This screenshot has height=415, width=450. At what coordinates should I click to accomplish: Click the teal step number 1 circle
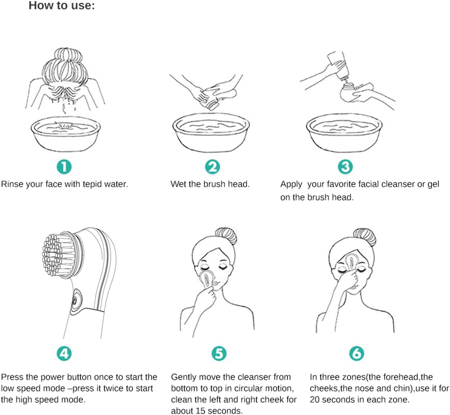(x=64, y=167)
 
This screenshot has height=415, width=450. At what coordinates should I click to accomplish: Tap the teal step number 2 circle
(x=212, y=167)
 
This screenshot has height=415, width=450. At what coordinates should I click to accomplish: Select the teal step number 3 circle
(x=345, y=167)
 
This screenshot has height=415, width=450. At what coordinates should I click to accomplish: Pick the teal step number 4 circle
(x=64, y=353)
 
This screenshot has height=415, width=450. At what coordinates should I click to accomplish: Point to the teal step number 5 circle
(x=219, y=353)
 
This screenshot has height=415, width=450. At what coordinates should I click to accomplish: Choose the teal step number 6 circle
(x=357, y=353)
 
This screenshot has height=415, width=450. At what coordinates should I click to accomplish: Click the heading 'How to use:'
(x=61, y=6)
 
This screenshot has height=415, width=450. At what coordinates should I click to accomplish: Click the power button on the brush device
(x=75, y=300)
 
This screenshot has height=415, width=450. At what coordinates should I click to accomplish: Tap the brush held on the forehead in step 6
(x=351, y=262)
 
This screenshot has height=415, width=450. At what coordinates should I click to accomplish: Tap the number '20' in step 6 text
(x=315, y=400)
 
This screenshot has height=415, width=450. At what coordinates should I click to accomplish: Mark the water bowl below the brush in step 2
(x=211, y=133)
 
